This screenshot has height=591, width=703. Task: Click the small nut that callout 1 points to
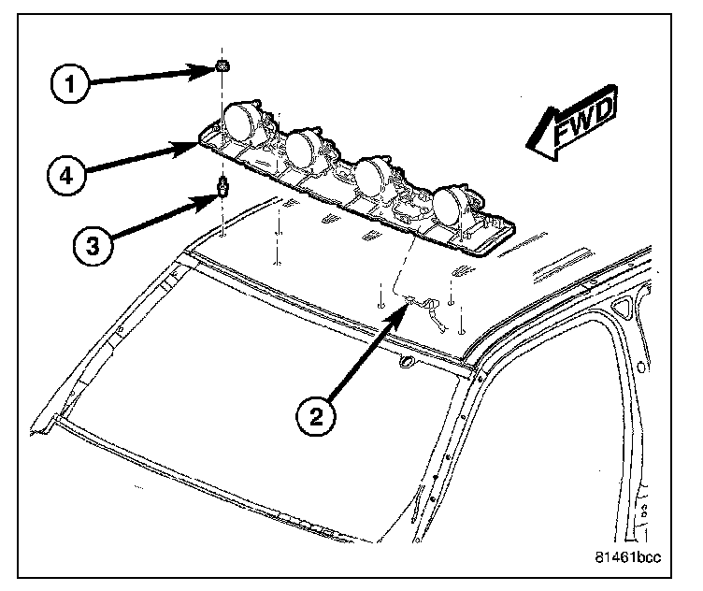pos(222,65)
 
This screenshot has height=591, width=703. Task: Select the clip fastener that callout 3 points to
pos(223,187)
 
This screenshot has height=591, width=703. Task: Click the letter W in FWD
pos(578,125)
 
